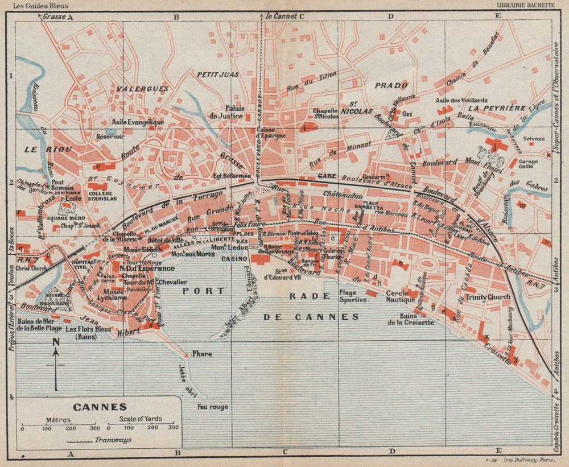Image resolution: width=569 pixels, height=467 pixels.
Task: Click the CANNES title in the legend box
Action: click(100, 407)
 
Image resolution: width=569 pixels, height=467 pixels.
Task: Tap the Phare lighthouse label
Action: click(202, 354)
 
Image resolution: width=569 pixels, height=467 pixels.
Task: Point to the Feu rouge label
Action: click(212, 407)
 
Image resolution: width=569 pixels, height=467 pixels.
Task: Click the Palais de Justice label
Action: click(242, 111)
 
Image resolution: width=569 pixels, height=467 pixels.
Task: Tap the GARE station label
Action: click(327, 177)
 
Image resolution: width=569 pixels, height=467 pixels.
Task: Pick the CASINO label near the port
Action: click(234, 259)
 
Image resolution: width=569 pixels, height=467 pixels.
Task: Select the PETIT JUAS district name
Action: click(217, 74)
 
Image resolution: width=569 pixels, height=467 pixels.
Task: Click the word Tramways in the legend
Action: click(111, 440)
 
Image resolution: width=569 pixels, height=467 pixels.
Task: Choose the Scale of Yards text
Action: click(140, 419)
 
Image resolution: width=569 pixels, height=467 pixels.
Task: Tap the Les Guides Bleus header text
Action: click(38, 5)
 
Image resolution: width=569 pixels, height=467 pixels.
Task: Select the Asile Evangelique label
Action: click(138, 122)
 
